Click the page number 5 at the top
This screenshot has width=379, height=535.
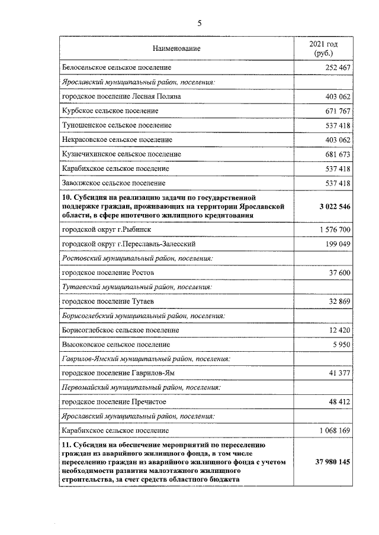pyautogui.click(x=200, y=24)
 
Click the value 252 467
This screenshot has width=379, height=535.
pyautogui.click(x=338, y=68)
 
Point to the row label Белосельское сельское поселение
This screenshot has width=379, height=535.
pyautogui.click(x=116, y=68)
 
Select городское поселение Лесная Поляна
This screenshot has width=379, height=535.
pyautogui.click(x=121, y=96)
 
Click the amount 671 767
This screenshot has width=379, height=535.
pyautogui.click(x=338, y=111)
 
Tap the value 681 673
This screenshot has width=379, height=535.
pyautogui.click(x=338, y=154)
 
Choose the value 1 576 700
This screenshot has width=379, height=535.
pyautogui.click(x=335, y=229)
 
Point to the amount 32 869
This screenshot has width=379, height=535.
pyautogui.click(x=340, y=301)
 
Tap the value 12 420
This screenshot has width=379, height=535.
pyautogui.click(x=340, y=330)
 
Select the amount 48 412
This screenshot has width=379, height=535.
pyautogui.click(x=340, y=402)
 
